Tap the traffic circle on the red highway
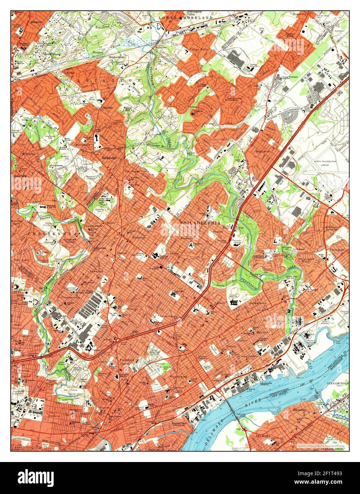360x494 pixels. (x=118, y=341)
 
